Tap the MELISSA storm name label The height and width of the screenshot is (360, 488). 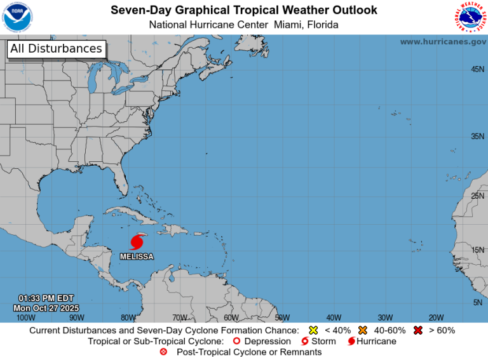point(137,256)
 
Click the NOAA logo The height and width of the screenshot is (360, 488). point(18,17)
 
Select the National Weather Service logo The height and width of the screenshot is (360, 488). point(470,17)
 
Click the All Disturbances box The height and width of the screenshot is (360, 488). point(56,49)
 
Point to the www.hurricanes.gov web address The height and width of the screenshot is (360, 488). point(443,41)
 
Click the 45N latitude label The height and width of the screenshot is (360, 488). point(477,69)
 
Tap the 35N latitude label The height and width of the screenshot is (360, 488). point(477,137)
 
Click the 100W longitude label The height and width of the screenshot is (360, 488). point(25,317)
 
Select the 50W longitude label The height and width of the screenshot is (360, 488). point(282,317)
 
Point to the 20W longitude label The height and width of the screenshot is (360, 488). point(436,317)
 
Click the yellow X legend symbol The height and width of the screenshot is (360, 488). point(313,330)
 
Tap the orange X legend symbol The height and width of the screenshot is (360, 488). point(363,330)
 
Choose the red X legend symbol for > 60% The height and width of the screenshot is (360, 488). point(418,330)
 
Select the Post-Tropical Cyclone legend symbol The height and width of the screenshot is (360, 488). point(164,352)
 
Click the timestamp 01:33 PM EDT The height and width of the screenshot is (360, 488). point(46,298)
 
